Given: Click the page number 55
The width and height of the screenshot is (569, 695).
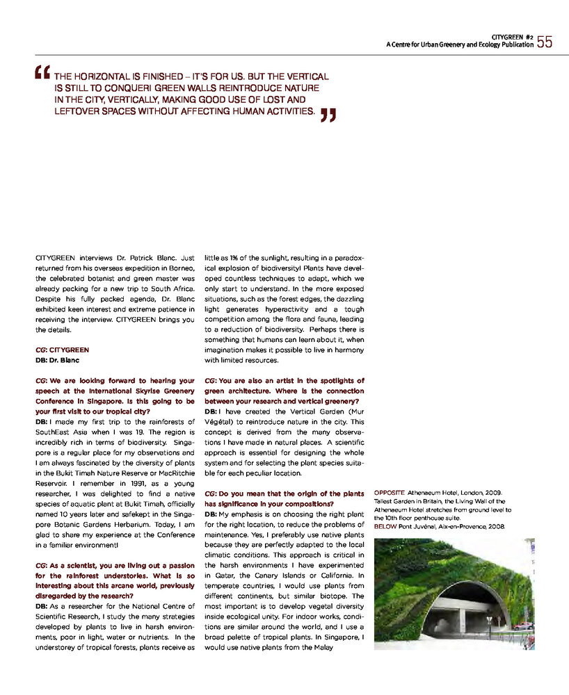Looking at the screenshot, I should click(x=544, y=42).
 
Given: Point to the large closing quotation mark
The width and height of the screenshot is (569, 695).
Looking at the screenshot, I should click(x=328, y=115).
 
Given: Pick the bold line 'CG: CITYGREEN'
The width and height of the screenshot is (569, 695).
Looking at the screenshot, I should click(x=62, y=350).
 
